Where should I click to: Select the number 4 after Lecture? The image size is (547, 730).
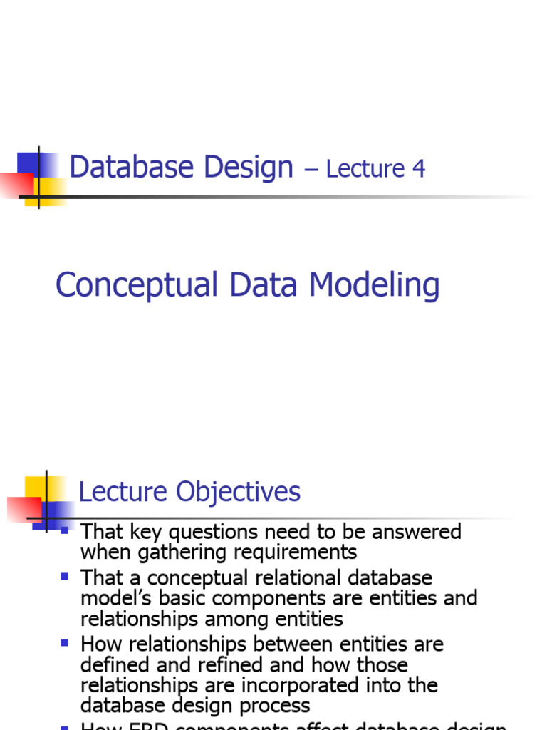coord(418,169)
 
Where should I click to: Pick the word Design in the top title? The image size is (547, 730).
coord(249,168)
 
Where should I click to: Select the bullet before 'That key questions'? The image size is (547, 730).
coord(66,530)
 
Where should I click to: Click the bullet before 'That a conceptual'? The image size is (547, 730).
coord(66,575)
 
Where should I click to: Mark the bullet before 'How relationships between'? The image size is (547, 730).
coord(66,642)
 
